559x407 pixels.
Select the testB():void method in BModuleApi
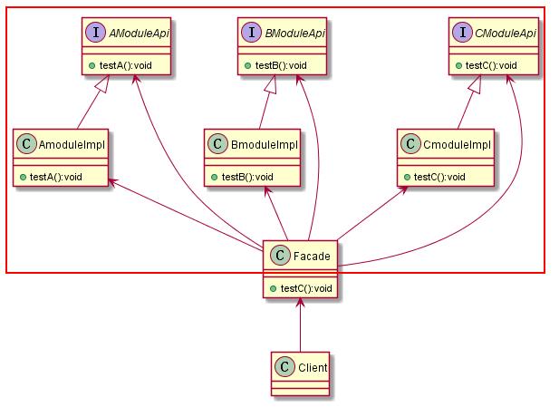280,65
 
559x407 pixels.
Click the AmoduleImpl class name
69,144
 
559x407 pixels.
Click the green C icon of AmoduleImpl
28,144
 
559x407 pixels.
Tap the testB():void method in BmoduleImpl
242,175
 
